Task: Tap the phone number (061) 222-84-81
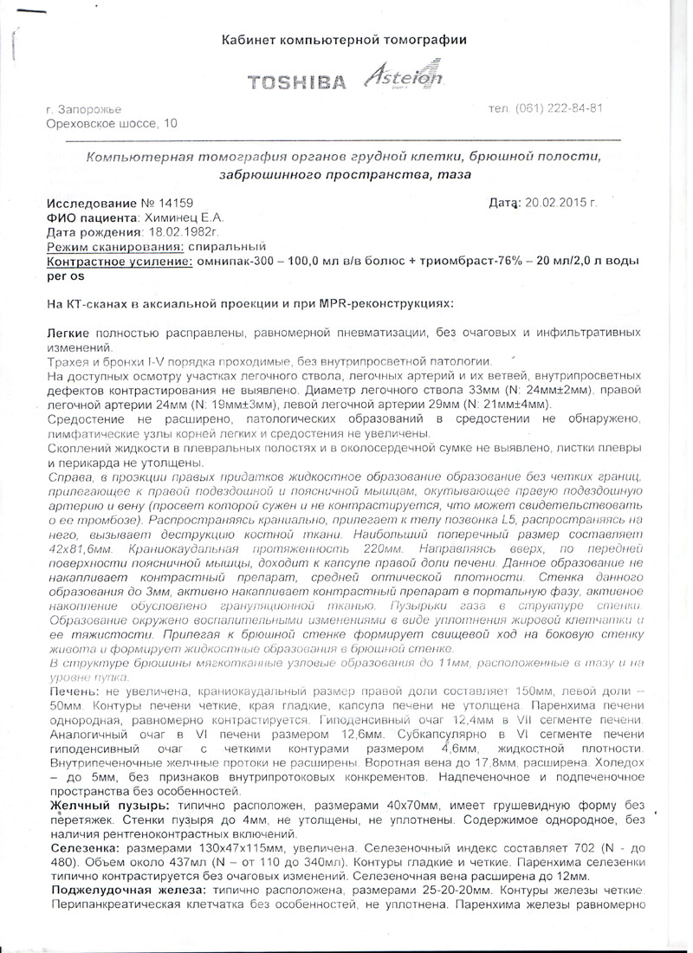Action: (559, 109)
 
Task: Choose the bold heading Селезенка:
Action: (83, 851)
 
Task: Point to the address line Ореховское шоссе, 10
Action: (111, 125)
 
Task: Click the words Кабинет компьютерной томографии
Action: (344, 40)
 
